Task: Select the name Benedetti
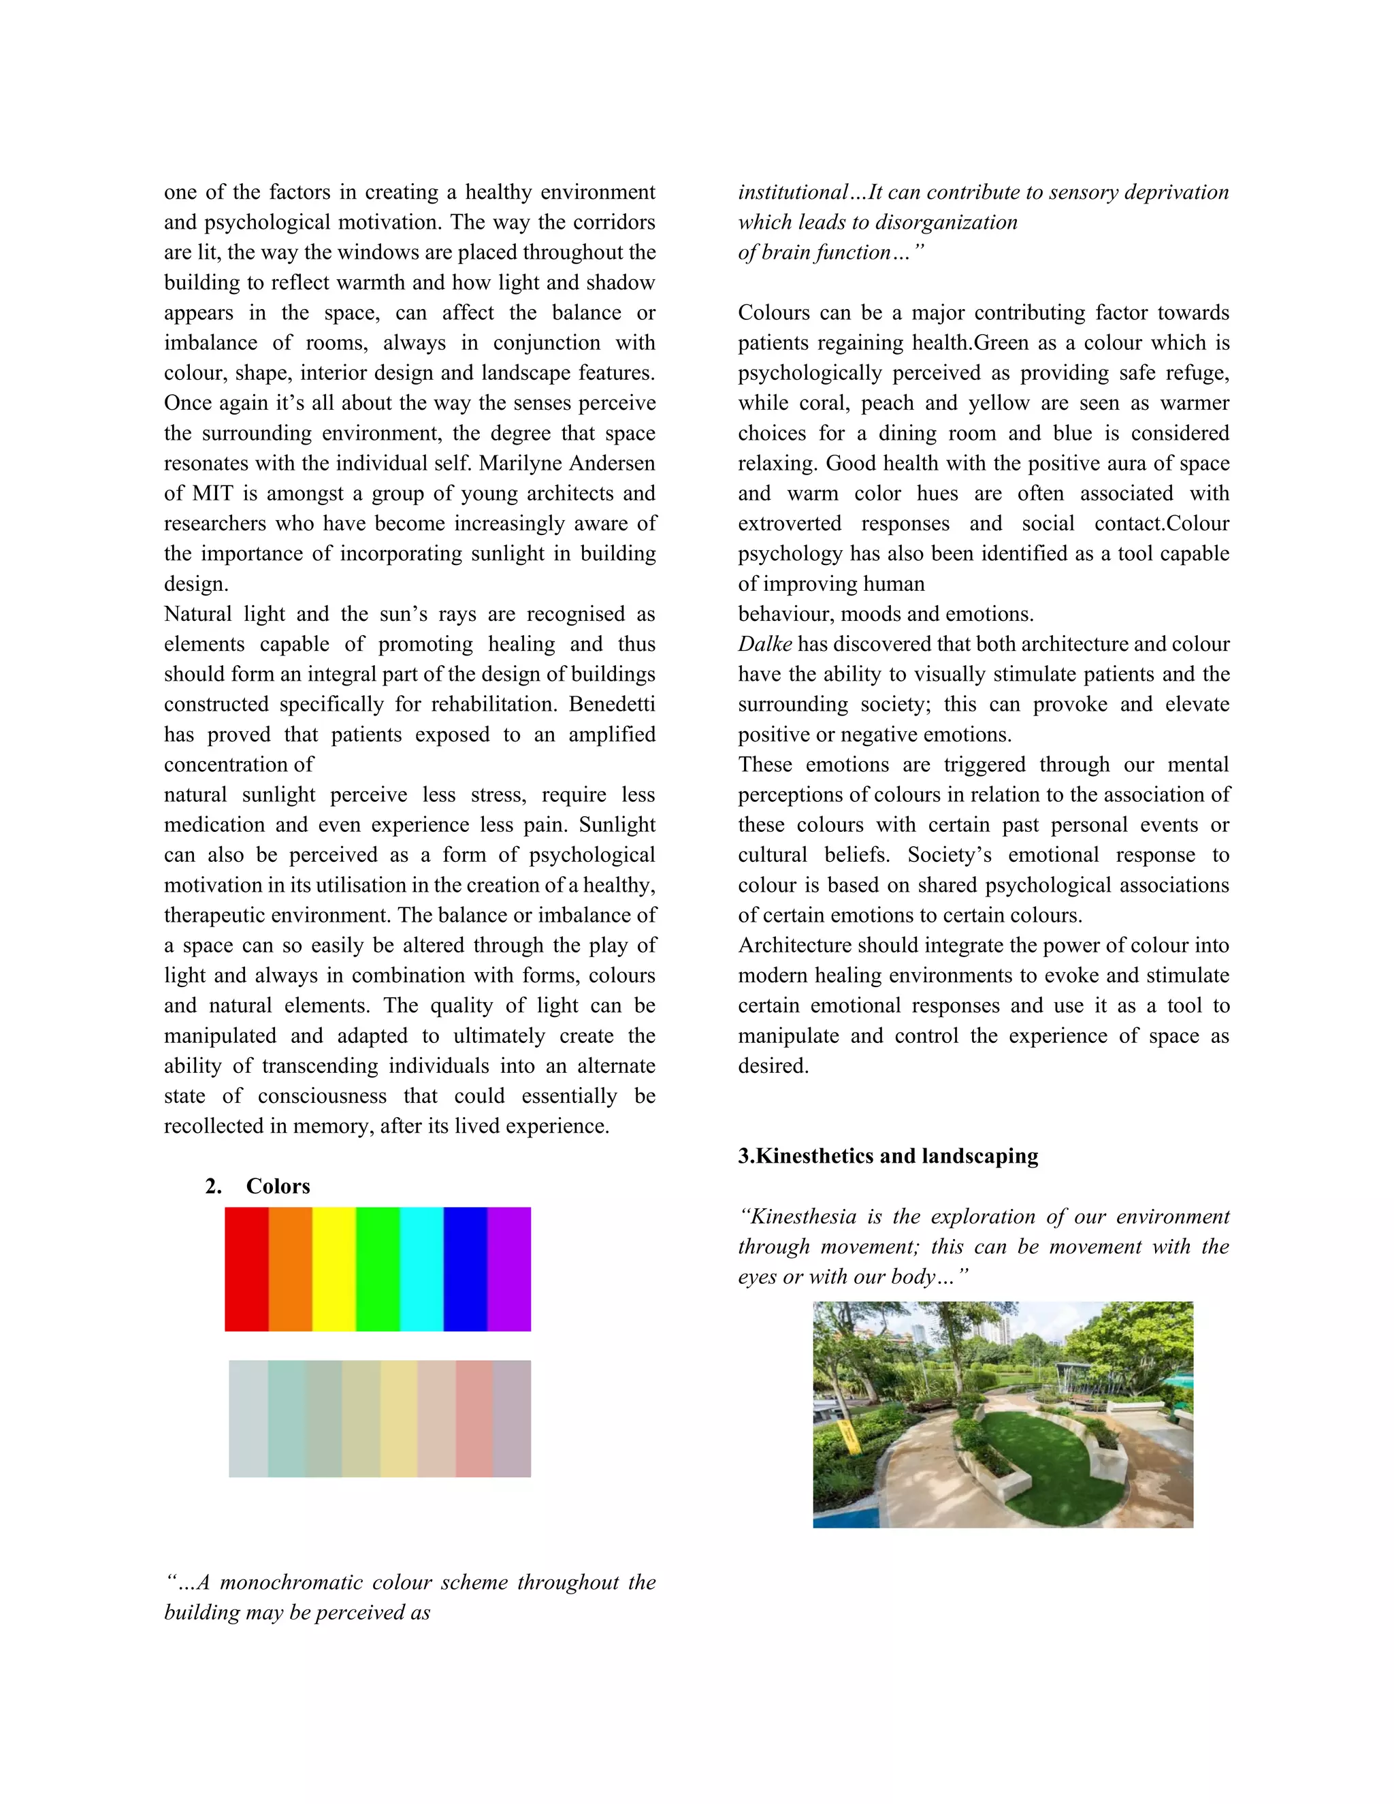[612, 705]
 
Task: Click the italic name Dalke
[764, 644]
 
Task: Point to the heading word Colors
[278, 1186]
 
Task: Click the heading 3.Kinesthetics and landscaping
[888, 1156]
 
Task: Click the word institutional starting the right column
[793, 193]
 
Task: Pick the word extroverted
[790, 524]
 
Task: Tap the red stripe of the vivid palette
[246, 1270]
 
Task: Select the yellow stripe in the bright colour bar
[334, 1270]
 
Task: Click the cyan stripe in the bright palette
[421, 1270]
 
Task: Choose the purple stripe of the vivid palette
[508, 1270]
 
